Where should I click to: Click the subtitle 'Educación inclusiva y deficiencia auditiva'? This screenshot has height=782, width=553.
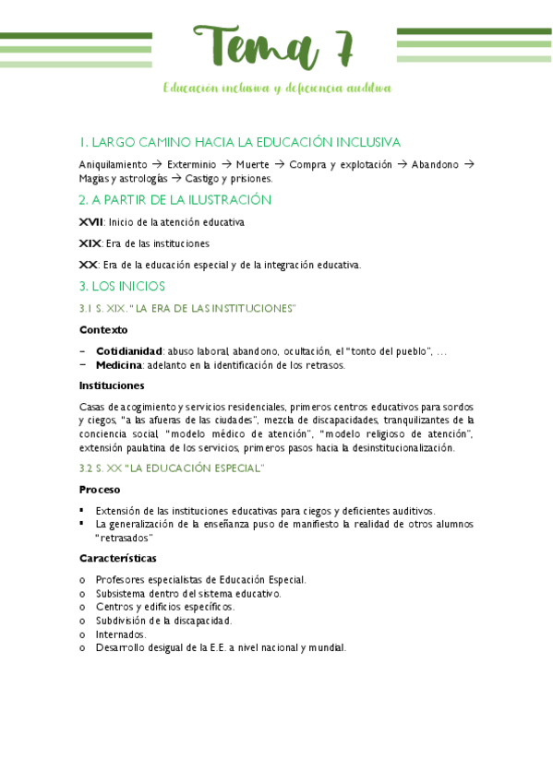276,89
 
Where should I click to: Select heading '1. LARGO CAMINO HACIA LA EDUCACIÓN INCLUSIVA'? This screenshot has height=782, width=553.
240,142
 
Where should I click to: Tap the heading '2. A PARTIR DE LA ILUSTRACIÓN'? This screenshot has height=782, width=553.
175,199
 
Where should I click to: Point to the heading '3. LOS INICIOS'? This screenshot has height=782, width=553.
122,286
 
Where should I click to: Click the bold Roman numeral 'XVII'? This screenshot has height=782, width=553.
90,222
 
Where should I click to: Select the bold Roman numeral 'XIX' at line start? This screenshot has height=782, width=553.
90,243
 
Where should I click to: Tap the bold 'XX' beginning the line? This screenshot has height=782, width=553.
89,265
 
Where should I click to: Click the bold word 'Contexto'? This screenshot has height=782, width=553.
103,329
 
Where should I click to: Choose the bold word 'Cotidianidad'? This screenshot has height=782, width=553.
129,351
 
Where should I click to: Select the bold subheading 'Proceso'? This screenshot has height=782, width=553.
100,489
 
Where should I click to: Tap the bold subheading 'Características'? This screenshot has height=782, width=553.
117,558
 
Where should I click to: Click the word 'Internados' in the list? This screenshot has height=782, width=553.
120,634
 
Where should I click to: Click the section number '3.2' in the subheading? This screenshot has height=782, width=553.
86,468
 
